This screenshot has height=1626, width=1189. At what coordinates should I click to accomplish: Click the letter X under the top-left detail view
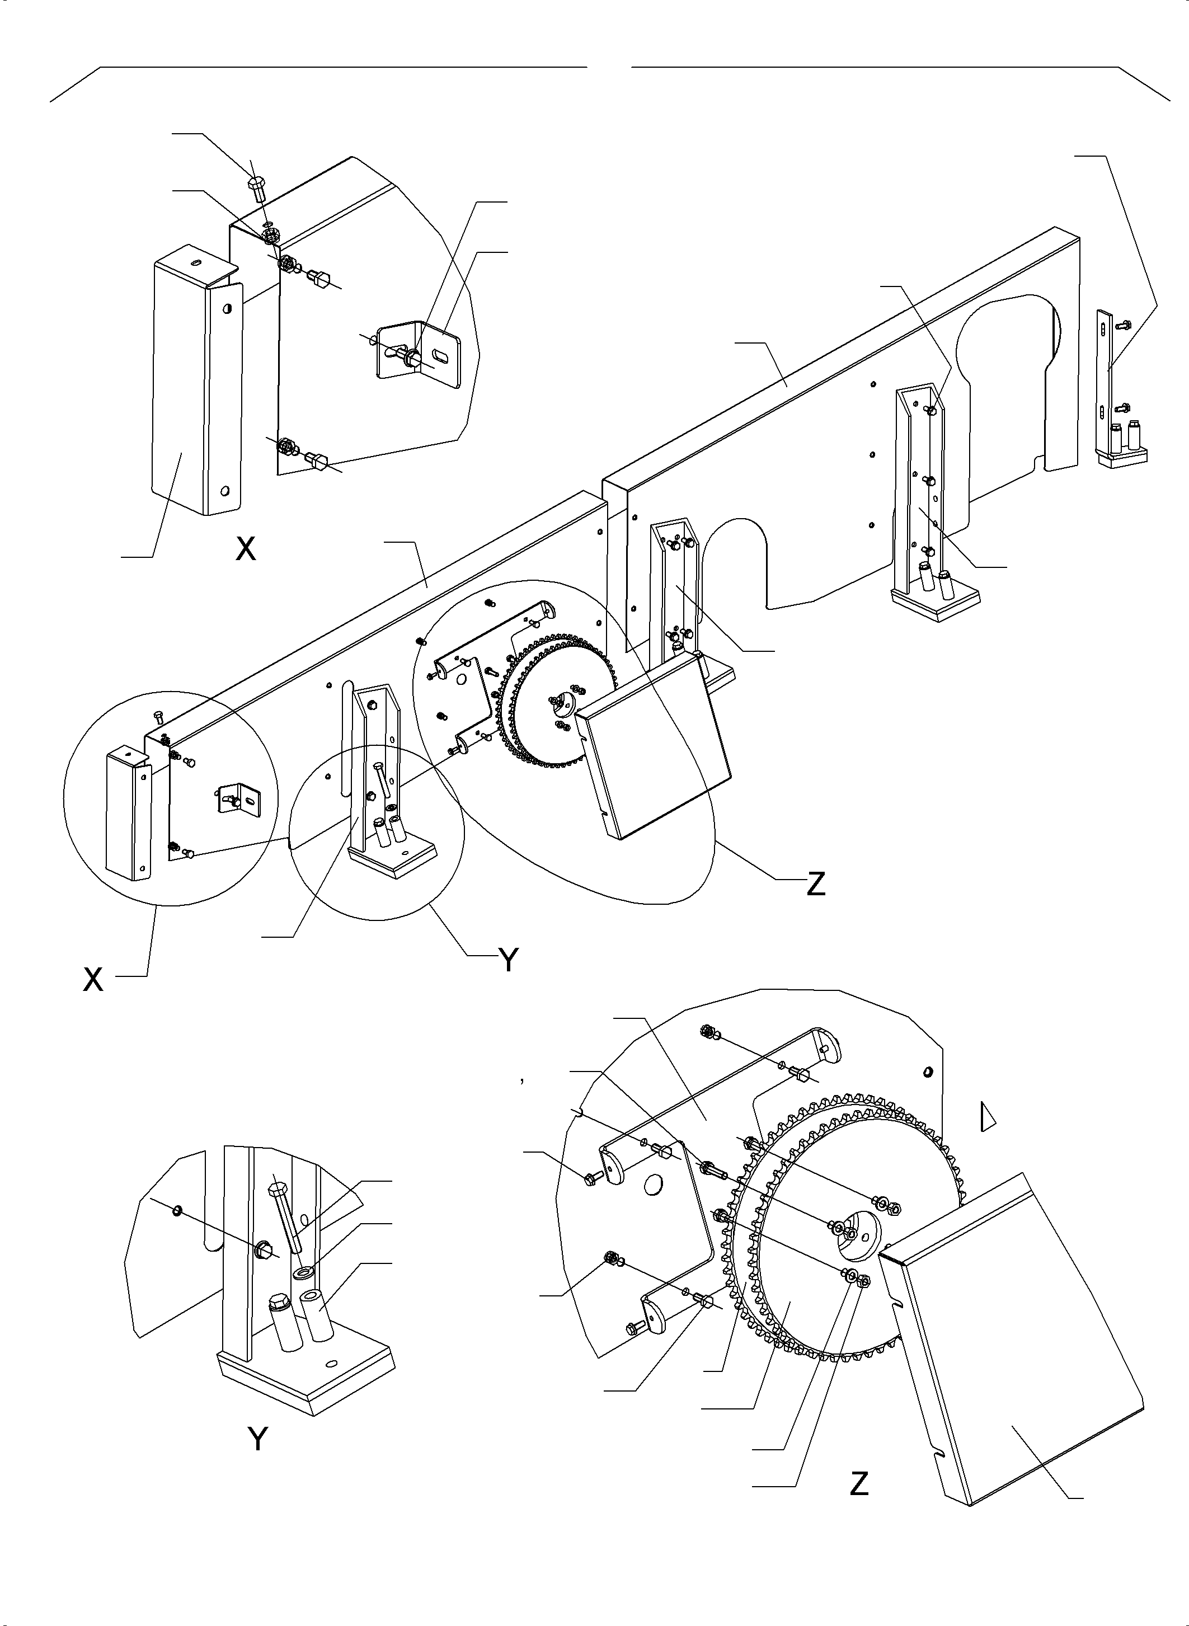[246, 550]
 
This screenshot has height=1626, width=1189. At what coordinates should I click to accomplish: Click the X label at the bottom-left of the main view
[93, 980]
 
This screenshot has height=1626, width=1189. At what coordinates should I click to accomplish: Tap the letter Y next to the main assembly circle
[509, 960]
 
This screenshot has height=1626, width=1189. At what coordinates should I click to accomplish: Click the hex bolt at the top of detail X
[258, 189]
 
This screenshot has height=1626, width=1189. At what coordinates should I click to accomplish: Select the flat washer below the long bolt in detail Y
[303, 1272]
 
